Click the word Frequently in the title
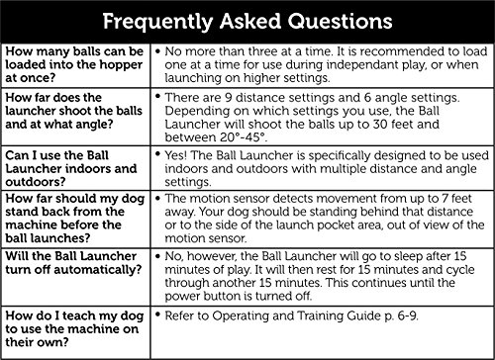pos(157,23)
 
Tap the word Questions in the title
pos(340,22)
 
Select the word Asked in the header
pos(250,22)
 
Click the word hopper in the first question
pos(121,65)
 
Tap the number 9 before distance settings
pos(229,98)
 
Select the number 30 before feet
pos(380,125)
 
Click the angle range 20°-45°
pos(244,137)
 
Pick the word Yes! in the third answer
pos(176,155)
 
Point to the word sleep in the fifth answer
pos(408,257)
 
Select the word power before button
pos(182,297)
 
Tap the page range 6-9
pos(408,316)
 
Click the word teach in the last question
pos(78,315)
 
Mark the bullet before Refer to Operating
pos(157,314)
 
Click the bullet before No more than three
pos(157,51)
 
